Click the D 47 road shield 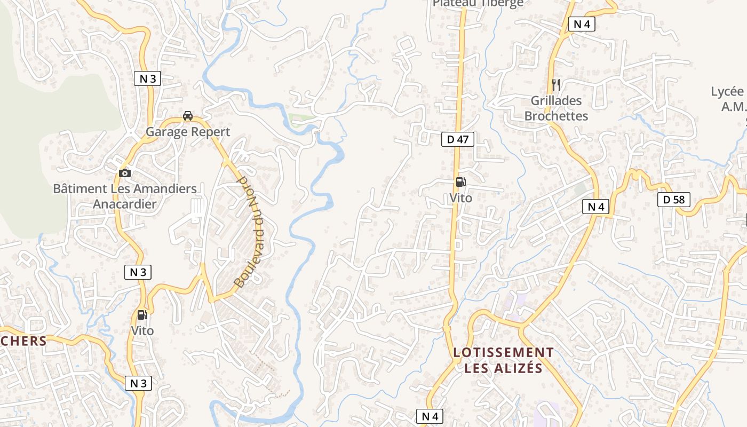(x=458, y=140)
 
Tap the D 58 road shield (x=674, y=200)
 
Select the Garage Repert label (x=188, y=132)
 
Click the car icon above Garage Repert (x=188, y=116)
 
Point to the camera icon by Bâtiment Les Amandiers (x=125, y=173)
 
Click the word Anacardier (x=125, y=204)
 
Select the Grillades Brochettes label (x=556, y=108)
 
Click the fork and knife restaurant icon (x=555, y=84)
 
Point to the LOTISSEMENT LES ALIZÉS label (x=503, y=360)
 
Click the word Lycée (x=727, y=92)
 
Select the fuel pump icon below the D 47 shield (x=460, y=182)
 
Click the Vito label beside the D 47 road (x=460, y=198)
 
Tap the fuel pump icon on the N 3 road (x=142, y=315)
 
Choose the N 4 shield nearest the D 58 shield (x=595, y=207)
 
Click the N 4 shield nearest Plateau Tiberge (x=581, y=24)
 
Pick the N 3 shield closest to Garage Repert (x=147, y=79)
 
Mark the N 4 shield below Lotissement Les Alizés (x=430, y=416)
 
